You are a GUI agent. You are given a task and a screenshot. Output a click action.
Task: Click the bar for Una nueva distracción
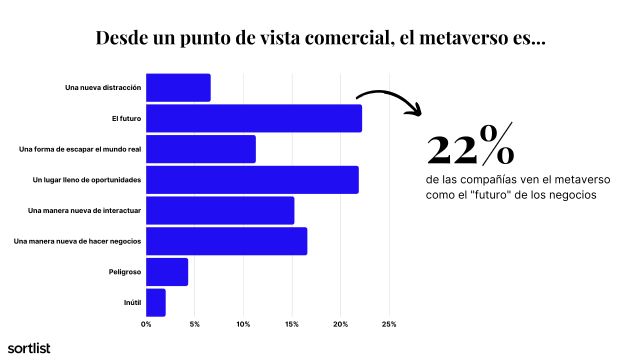(178, 88)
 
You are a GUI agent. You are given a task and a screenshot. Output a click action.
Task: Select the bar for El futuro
(253, 119)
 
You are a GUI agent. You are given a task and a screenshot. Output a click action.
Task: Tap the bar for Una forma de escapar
(200, 149)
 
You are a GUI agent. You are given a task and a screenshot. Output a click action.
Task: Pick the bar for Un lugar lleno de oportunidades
(252, 180)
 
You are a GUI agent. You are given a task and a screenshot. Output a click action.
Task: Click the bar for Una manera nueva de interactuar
(220, 211)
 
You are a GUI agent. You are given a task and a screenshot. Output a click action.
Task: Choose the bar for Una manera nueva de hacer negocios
(226, 241)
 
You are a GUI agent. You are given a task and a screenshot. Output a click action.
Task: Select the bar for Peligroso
(167, 272)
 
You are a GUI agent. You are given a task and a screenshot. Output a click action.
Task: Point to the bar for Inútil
(156, 302)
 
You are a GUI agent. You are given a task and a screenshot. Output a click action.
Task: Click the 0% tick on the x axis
(146, 324)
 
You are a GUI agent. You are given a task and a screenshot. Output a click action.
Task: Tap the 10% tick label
(243, 324)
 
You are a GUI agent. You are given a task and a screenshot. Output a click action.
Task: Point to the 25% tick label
(389, 324)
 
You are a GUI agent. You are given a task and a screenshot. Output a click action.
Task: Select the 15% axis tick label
(292, 324)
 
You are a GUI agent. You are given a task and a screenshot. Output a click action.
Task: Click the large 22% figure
(470, 149)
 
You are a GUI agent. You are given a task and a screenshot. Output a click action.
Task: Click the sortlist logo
(29, 347)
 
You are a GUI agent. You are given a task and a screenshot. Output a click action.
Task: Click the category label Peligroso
(124, 272)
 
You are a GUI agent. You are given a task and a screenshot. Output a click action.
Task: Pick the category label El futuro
(126, 119)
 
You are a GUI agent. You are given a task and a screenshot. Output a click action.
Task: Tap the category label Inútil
(131, 302)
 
